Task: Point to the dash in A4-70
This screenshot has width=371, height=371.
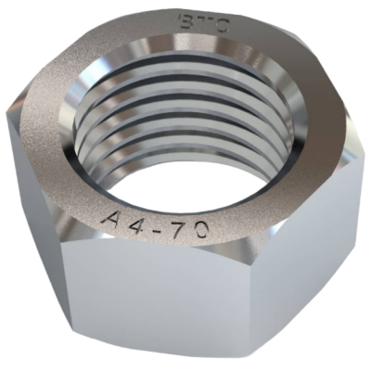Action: pyautogui.click(x=160, y=227)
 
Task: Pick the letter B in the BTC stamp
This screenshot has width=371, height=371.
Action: pyautogui.click(x=186, y=21)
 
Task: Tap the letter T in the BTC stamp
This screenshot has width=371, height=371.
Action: pyautogui.click(x=202, y=23)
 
